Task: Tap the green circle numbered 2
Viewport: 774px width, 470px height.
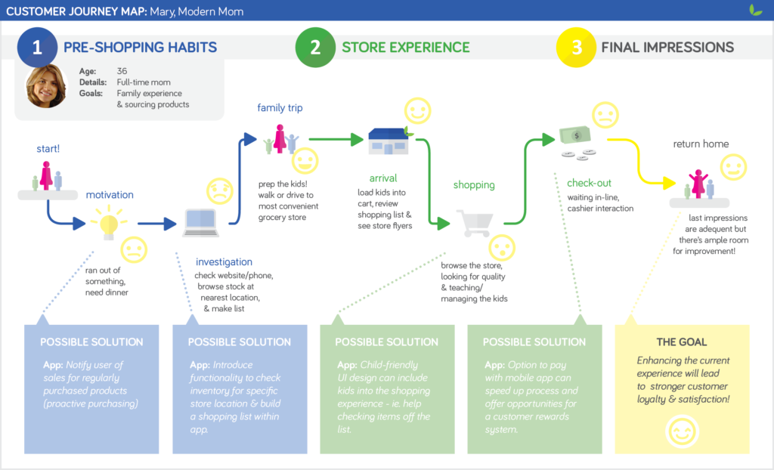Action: point(315,47)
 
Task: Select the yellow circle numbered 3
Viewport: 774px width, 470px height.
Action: point(576,47)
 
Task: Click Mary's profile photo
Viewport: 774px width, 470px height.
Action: point(46,87)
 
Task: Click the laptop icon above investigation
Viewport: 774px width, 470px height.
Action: point(201,222)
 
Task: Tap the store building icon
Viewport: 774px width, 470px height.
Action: point(389,142)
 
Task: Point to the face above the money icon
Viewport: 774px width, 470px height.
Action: point(603,115)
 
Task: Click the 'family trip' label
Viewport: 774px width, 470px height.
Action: point(280,108)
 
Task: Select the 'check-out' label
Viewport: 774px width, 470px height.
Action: point(589,183)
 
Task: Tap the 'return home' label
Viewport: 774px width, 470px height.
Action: point(701,144)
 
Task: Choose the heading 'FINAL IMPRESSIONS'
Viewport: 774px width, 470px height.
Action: point(667,47)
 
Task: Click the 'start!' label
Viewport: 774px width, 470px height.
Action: point(48,149)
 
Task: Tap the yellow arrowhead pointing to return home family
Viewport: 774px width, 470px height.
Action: point(668,184)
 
